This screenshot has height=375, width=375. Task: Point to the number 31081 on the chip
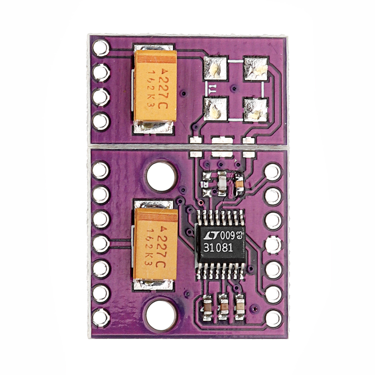[218, 248]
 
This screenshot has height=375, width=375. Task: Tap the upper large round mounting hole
[161, 176]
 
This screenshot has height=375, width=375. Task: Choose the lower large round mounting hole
[161, 315]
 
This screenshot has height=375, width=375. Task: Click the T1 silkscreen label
[212, 89]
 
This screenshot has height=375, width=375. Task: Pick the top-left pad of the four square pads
[215, 69]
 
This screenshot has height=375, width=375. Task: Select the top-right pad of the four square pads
[256, 69]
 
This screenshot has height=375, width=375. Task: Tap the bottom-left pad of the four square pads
[215, 109]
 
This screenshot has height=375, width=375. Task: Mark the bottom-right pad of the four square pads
[256, 110]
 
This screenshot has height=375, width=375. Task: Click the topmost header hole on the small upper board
[101, 48]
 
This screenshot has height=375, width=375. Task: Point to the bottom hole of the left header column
[101, 318]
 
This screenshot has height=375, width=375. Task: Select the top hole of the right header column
[273, 172]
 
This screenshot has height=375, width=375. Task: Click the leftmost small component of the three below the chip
[207, 307]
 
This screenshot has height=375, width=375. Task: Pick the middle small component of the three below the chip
[223, 307]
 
